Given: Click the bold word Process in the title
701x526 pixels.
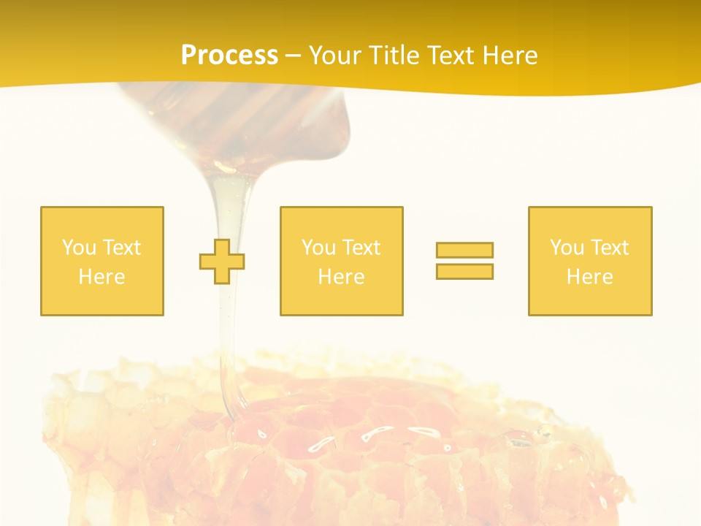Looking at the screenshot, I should [229, 56].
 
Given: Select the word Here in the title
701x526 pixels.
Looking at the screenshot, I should [510, 56].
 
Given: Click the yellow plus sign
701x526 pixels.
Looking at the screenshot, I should [222, 262].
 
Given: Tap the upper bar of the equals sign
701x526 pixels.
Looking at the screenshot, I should [464, 250].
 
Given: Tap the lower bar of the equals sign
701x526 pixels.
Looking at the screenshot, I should [464, 271].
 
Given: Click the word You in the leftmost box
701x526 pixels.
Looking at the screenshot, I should [79, 248].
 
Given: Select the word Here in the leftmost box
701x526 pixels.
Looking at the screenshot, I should [101, 277].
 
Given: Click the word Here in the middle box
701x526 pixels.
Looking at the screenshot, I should [341, 277].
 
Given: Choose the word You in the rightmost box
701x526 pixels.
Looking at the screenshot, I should [567, 248].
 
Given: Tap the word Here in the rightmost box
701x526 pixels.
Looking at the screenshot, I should [589, 277].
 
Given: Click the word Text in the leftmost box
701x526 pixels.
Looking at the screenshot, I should [121, 248].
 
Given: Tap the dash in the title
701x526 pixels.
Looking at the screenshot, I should [293, 56].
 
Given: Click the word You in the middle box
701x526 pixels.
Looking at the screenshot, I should [318, 248].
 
